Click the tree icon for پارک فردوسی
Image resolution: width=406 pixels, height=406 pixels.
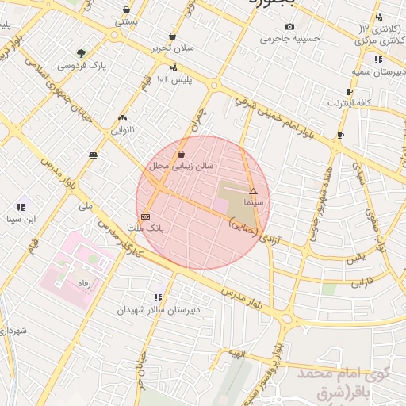82,53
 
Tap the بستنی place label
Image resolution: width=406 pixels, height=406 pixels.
127,22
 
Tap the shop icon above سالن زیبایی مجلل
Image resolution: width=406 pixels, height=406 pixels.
182,154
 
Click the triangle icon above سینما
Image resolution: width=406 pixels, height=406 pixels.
253,191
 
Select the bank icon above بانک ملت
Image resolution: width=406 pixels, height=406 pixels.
144,216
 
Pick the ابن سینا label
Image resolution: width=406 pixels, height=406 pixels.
21,218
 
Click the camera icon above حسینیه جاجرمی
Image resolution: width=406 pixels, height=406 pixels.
289,27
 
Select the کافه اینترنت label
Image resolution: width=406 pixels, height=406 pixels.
351,102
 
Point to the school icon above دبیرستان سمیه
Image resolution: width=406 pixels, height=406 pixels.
378,59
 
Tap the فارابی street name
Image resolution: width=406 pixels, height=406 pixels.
362,281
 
